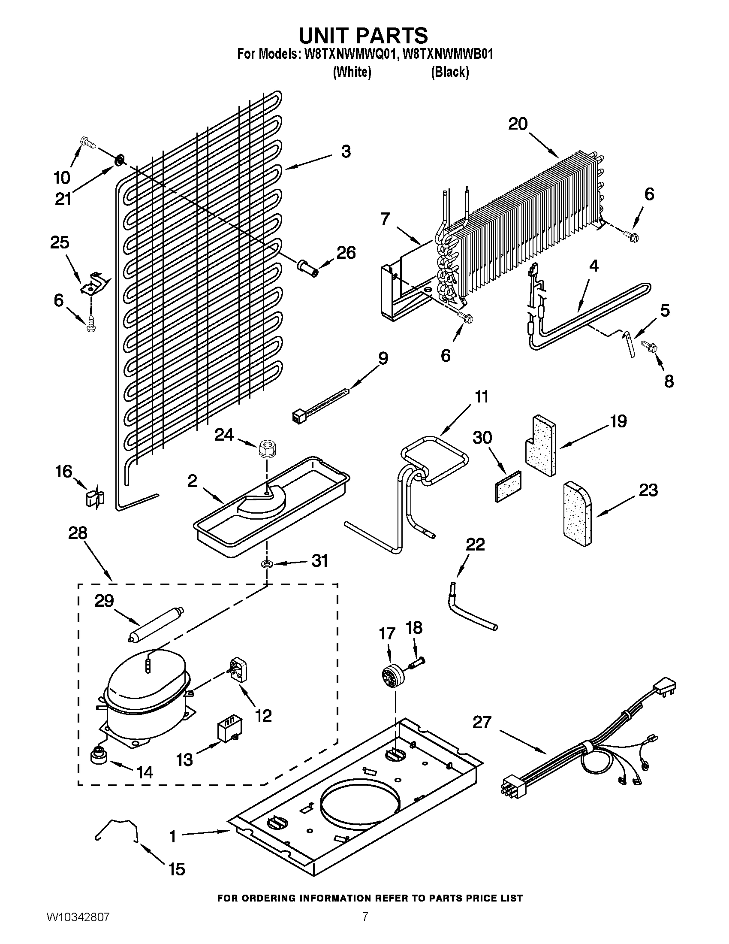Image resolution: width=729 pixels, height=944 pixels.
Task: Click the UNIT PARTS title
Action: tap(364, 35)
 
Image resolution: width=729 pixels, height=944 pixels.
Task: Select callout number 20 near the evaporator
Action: tap(518, 124)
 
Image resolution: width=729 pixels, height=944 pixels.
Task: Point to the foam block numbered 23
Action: tap(578, 513)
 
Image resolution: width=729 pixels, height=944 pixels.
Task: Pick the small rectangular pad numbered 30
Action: tap(508, 486)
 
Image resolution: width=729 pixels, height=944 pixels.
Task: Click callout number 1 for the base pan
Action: tap(173, 836)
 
